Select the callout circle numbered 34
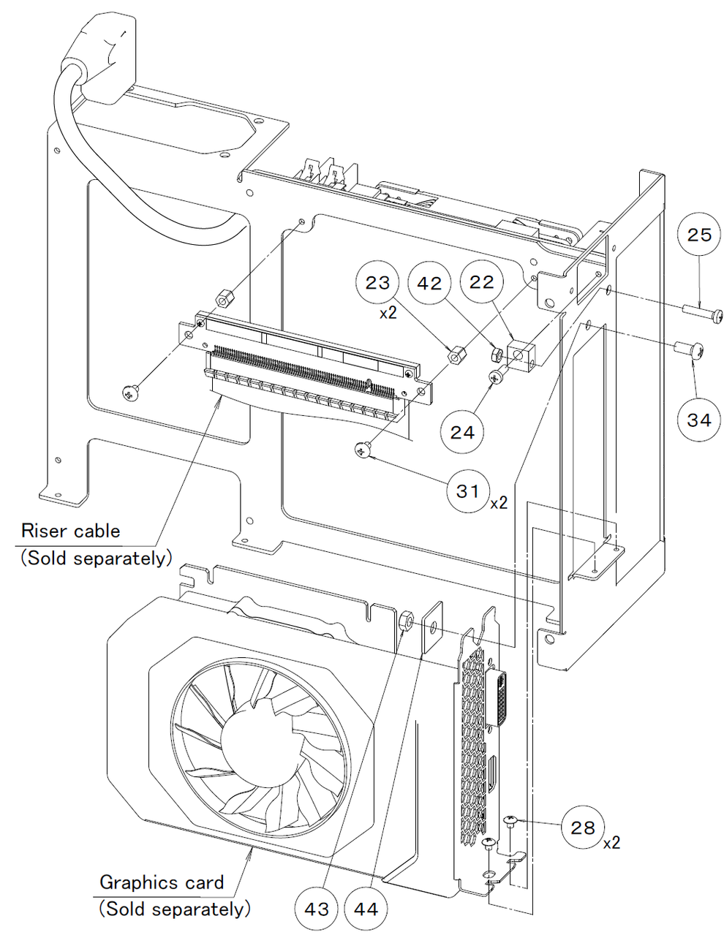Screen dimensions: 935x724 click(x=698, y=420)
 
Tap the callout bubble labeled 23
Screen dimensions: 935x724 click(x=377, y=282)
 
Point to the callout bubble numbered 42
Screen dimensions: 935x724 click(x=431, y=282)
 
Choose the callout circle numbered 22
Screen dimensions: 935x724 click(x=482, y=282)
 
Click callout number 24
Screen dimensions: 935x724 click(x=462, y=432)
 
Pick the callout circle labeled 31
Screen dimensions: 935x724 click(x=468, y=491)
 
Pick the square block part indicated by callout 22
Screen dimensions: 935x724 click(x=521, y=356)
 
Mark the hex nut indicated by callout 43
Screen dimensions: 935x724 click(x=407, y=622)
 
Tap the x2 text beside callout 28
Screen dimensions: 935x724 click(x=611, y=842)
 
